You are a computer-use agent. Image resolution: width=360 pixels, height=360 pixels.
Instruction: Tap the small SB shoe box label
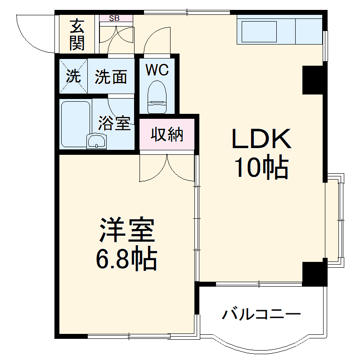point(115,18)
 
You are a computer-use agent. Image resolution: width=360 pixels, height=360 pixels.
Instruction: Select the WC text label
point(157,70)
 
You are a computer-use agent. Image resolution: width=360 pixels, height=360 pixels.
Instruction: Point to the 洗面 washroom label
point(111,77)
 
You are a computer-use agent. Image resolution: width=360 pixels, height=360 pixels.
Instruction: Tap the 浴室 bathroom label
point(115,123)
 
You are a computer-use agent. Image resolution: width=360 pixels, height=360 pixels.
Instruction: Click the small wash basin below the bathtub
point(97,142)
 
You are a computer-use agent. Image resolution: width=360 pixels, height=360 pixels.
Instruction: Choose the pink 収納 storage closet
point(167,134)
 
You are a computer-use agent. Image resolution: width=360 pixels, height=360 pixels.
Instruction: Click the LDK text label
point(261,140)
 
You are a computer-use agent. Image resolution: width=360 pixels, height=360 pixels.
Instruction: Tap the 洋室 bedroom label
point(127,231)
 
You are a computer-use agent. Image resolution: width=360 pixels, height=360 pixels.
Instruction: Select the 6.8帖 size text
point(126,259)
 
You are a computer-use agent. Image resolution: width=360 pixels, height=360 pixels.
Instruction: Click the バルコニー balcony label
point(261,314)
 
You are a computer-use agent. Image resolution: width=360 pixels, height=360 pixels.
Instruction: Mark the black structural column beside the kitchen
point(313,80)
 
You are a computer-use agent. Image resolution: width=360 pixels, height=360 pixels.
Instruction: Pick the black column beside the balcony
point(314,272)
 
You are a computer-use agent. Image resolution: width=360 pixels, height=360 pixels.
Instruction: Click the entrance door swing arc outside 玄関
point(34,34)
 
